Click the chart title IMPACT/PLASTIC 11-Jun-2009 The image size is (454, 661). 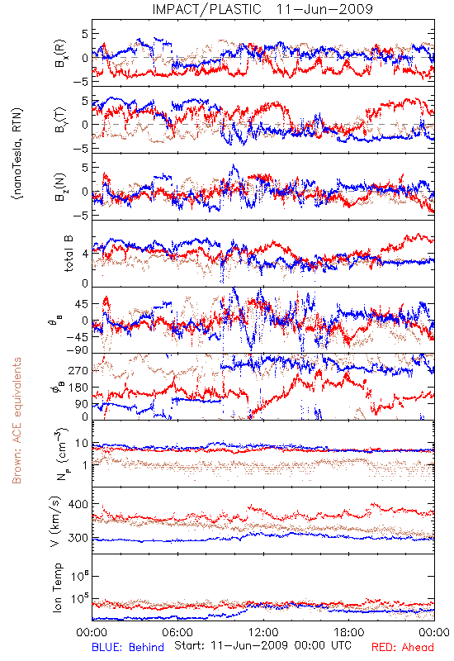[262, 9]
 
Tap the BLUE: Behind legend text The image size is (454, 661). [128, 647]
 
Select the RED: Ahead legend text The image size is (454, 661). [403, 647]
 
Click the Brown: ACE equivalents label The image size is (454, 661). [17, 421]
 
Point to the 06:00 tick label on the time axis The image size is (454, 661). [177, 632]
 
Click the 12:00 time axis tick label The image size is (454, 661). [263, 632]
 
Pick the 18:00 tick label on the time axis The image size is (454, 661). [349, 632]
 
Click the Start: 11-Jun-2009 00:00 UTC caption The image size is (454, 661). [262, 645]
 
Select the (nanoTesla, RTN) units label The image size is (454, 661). [17, 153]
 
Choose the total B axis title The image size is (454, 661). [69, 254]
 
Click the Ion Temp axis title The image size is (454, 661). [57, 587]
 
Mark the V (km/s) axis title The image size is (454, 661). [55, 521]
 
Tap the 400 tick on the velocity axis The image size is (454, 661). [78, 504]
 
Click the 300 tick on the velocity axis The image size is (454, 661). [78, 538]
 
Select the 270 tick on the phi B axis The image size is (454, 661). [78, 370]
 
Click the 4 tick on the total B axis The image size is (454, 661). [85, 254]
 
